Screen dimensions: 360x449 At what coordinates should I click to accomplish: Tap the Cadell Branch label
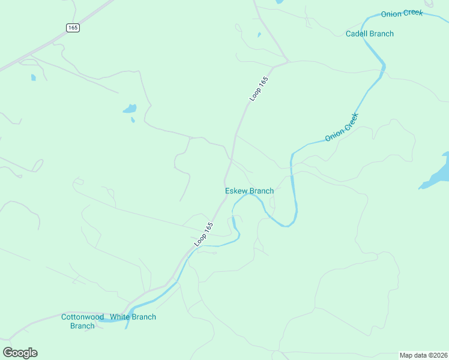pos(370,34)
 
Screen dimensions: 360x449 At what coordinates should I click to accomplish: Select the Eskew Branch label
pos(249,191)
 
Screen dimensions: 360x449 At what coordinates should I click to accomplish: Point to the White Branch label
pos(133,317)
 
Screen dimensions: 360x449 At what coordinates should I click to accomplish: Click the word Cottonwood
pos(83,317)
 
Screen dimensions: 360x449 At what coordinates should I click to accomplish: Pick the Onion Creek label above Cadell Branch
pos(402,13)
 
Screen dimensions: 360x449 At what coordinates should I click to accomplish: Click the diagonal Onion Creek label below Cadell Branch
pos(342,127)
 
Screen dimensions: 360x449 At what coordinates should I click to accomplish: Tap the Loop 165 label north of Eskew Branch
pos(258,88)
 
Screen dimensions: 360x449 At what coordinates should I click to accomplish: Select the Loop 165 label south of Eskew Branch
pos(204,235)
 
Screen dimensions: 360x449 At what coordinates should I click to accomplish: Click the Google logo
pos(20,353)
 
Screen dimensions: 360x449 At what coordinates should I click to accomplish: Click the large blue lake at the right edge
pos(436,174)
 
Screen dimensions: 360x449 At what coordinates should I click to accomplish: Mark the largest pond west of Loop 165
pos(130,109)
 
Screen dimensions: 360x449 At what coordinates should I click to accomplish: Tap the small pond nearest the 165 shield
pos(33,77)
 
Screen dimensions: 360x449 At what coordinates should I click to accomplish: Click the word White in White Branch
pos(120,317)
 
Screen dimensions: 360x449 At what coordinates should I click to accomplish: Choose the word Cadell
pos(357,34)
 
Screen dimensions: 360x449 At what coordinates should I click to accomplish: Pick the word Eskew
pos(236,191)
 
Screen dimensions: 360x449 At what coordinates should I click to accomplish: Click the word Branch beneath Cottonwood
pos(82,326)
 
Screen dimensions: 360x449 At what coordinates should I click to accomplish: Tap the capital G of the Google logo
pos(8,353)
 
